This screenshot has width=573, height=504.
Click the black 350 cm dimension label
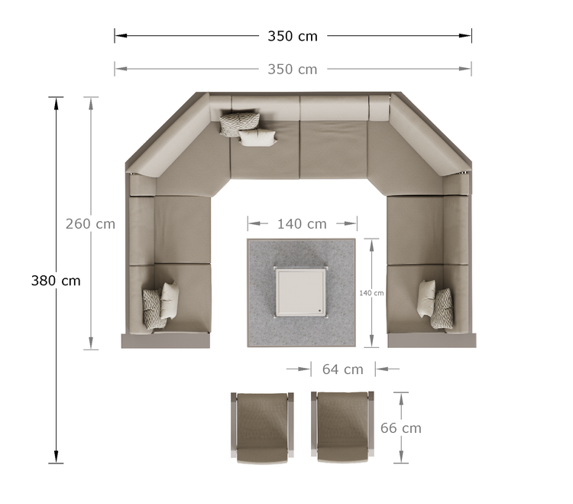pos(293,36)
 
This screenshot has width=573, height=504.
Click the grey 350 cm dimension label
pos(293,69)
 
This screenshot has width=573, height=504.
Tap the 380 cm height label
pos(56,281)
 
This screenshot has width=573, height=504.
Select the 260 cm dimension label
pos(90,224)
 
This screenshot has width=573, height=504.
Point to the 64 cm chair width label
pos(343,369)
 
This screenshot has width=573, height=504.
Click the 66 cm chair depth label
pos(401,428)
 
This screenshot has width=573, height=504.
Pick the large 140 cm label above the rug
pos(302,224)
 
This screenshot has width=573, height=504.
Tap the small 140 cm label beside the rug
pos(371,293)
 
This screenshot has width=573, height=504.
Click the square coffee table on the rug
pos(301,292)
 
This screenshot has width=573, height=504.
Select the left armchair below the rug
pos(262,428)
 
